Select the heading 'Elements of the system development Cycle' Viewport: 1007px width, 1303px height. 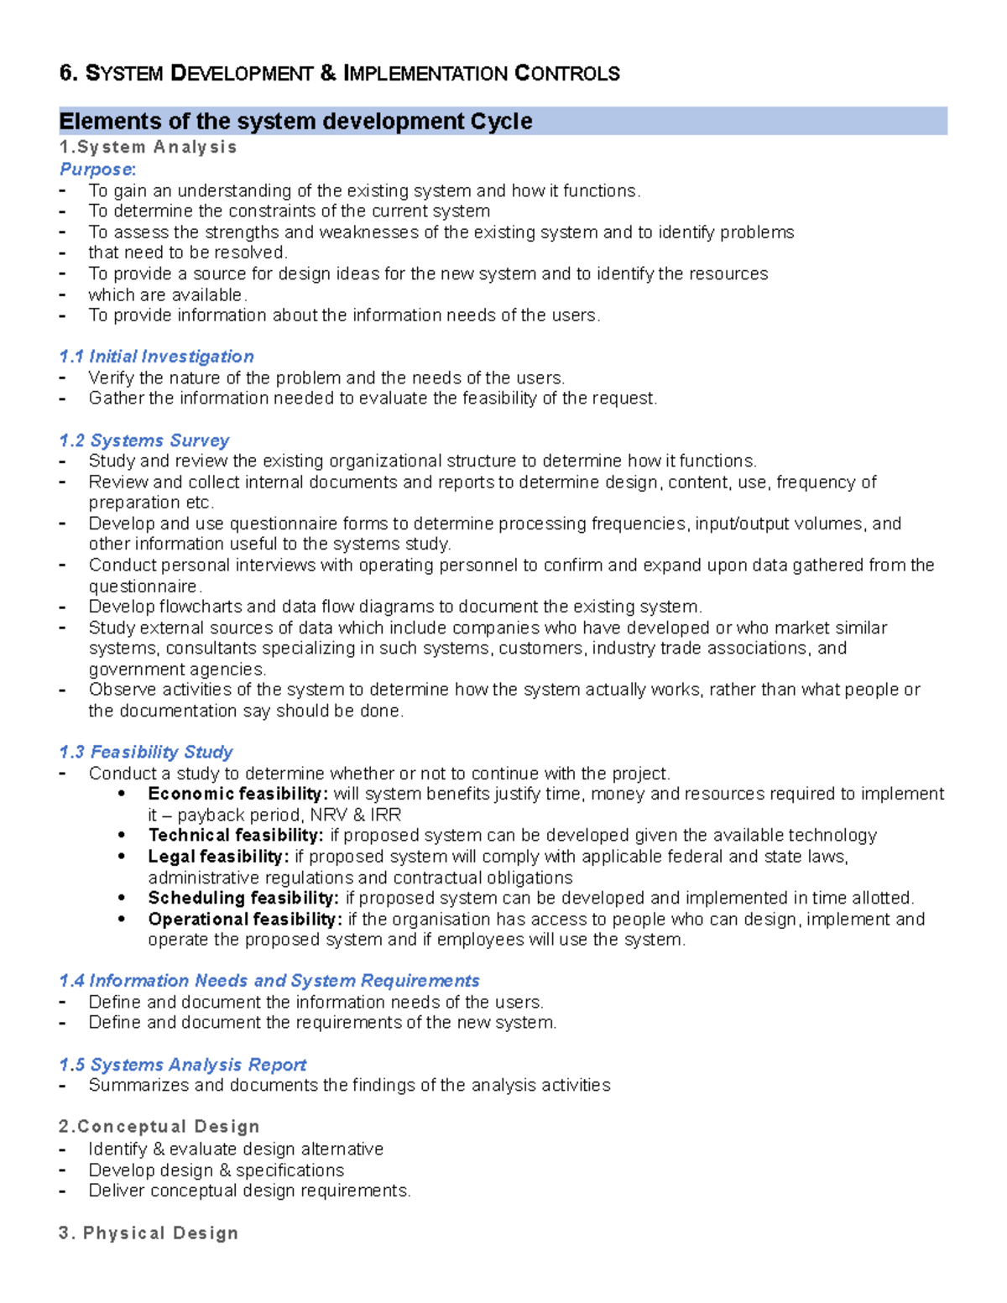295,122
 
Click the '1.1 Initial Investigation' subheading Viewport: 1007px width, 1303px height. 156,357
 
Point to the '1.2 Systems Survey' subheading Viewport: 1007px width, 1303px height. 144,440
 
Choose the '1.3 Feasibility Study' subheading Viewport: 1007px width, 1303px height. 146,752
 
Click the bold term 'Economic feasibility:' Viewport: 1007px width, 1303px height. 237,794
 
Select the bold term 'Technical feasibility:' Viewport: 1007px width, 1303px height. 235,836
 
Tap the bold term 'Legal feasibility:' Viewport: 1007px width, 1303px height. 218,857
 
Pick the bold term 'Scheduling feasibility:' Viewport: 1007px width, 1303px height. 243,898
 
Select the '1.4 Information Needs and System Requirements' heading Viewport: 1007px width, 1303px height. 269,981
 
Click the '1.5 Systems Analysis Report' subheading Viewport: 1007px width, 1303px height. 183,1065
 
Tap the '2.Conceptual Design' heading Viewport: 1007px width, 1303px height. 159,1127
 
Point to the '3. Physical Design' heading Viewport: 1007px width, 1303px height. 149,1233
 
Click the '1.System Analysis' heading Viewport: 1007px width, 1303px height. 148,148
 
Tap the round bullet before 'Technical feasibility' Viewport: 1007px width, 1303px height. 123,836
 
